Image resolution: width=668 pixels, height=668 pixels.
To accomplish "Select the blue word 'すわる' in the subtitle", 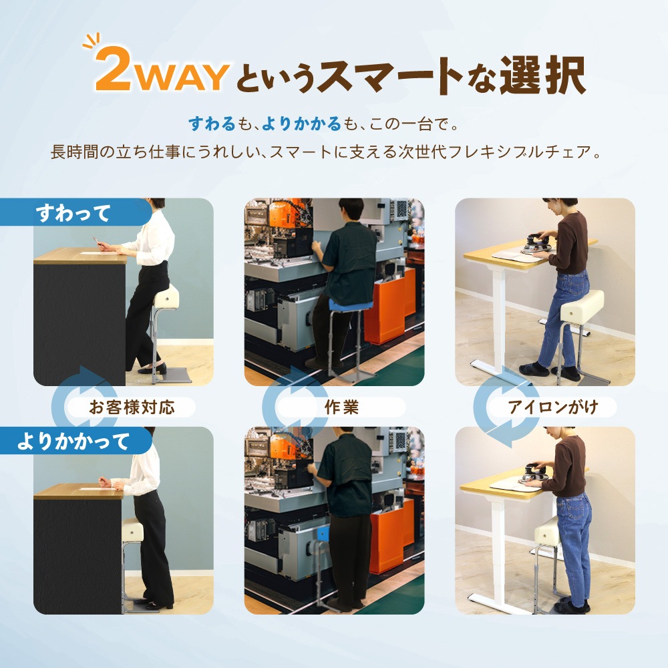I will click(212, 124).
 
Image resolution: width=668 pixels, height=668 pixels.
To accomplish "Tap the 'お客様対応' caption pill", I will click(132, 407).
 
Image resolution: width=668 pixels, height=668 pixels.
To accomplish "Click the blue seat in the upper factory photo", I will click(343, 307).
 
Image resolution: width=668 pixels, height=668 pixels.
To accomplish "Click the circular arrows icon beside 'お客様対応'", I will click(79, 401).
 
